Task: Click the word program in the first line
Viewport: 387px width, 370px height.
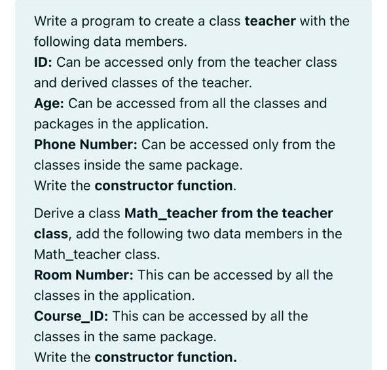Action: [98, 21]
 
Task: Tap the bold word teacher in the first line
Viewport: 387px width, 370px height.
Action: [270, 21]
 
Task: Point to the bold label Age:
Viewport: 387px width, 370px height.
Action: [49, 103]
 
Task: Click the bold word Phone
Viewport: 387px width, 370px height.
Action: [55, 144]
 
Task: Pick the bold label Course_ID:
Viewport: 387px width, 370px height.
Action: [71, 316]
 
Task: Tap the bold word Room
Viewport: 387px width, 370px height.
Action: [52, 275]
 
